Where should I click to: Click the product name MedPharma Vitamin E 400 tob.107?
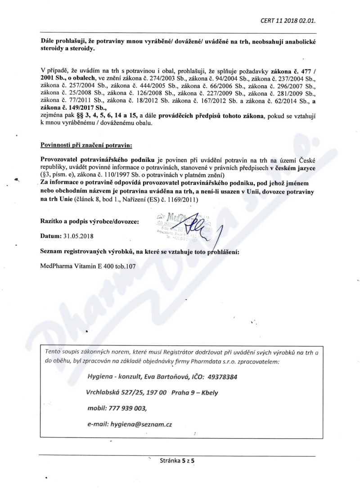[88, 266]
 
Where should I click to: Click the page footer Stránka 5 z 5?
[180, 461]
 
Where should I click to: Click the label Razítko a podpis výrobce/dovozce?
[90, 221]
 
